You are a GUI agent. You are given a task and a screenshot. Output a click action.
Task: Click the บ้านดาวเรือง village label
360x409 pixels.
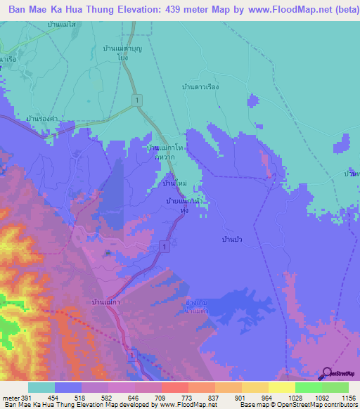202,86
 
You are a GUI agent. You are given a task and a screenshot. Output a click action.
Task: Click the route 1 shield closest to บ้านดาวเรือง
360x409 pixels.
138,99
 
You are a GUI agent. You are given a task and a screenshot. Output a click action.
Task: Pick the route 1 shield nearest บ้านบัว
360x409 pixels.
163,245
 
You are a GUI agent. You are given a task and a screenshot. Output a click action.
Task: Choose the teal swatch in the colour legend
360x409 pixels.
41,387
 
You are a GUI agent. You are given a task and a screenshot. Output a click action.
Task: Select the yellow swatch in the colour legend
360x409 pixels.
281,387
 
